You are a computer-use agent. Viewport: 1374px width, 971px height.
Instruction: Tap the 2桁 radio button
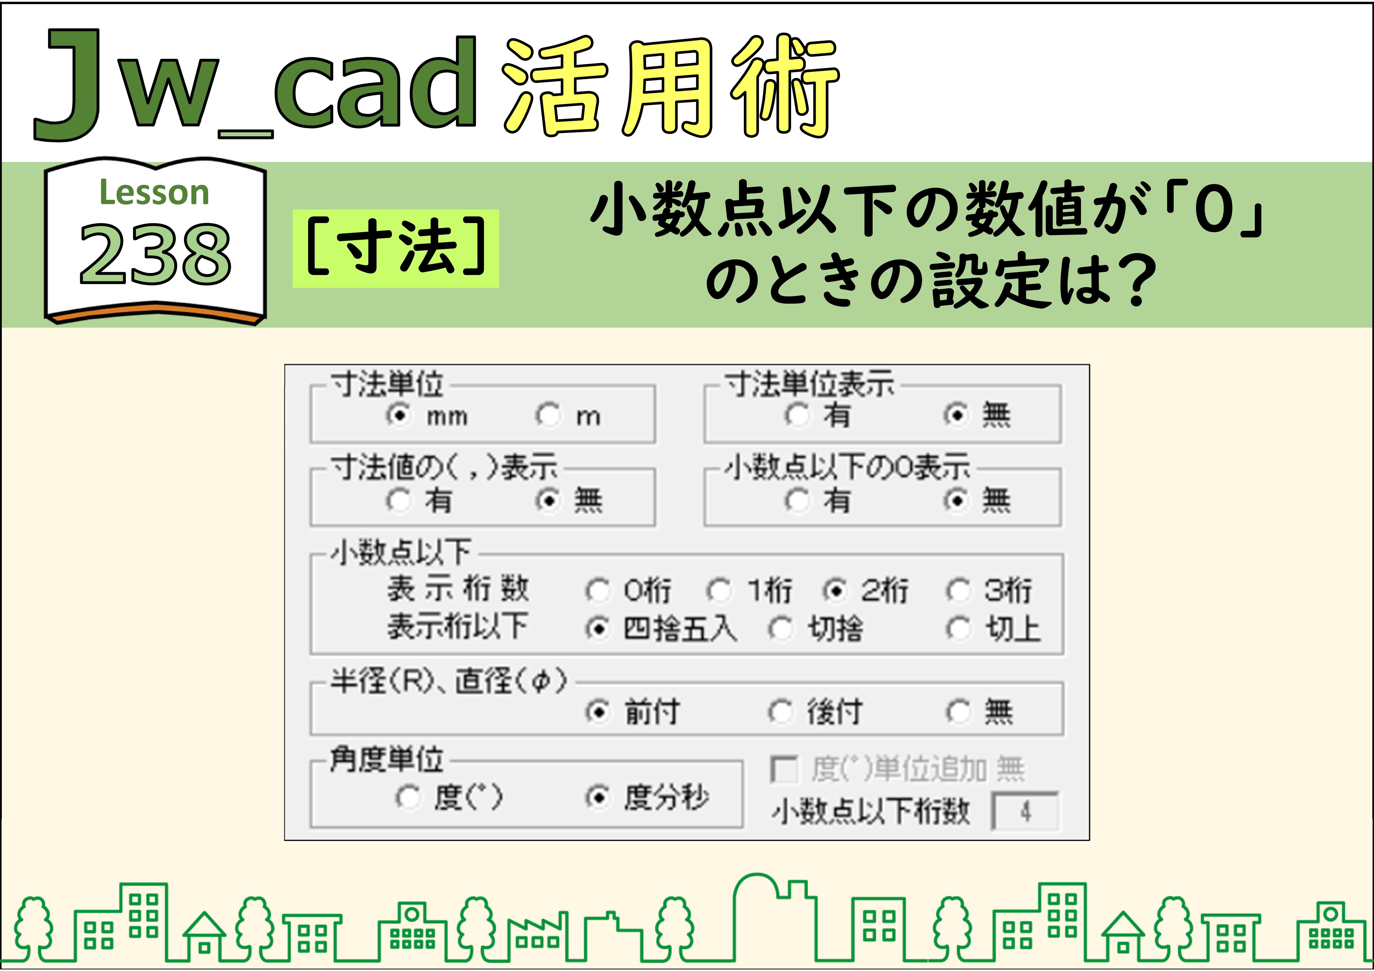coord(835,591)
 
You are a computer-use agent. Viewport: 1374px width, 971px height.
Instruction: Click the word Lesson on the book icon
coord(154,193)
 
